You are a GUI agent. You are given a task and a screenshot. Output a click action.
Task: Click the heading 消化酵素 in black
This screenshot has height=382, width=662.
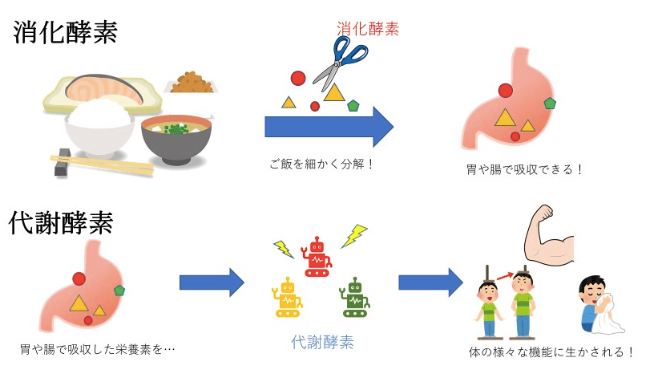[x=66, y=33]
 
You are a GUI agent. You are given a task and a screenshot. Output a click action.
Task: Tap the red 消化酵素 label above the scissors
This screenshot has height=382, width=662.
[x=367, y=29]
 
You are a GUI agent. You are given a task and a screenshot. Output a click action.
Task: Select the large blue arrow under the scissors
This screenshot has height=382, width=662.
[x=329, y=127]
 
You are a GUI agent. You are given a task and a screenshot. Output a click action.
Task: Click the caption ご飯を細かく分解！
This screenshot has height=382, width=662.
[x=322, y=164]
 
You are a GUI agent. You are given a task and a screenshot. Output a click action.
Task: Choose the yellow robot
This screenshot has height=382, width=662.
[x=288, y=296]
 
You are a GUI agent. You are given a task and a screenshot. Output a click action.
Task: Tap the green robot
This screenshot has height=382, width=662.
[x=353, y=296]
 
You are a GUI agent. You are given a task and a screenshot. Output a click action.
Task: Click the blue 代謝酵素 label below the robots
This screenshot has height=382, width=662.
[x=323, y=342]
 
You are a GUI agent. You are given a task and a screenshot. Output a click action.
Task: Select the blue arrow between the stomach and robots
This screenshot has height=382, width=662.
[x=212, y=282]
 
